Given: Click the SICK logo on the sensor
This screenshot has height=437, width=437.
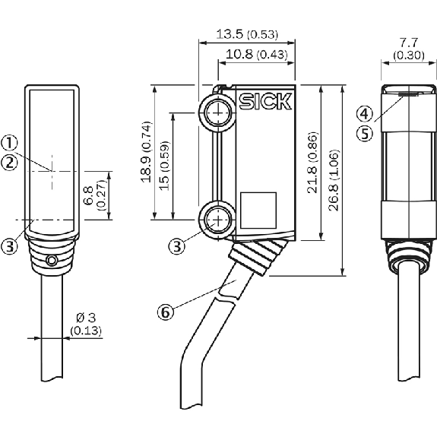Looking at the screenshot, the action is pos(265,101).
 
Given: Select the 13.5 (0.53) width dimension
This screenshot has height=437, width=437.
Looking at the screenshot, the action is pos(247,34).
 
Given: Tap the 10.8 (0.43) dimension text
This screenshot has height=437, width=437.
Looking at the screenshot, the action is pos(256,54).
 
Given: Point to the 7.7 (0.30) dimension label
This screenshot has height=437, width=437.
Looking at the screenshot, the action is pos(409,49).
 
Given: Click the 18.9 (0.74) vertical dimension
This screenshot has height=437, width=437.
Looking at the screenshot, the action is pos(147,152).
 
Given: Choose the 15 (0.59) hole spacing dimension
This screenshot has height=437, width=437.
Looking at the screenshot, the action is pos(164,166).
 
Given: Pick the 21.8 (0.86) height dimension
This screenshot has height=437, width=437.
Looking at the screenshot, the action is pos(312,163).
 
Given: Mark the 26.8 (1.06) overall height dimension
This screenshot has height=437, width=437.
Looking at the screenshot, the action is pos(334,180).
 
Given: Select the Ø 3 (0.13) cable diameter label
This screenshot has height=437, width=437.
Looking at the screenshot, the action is pos(86,324).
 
